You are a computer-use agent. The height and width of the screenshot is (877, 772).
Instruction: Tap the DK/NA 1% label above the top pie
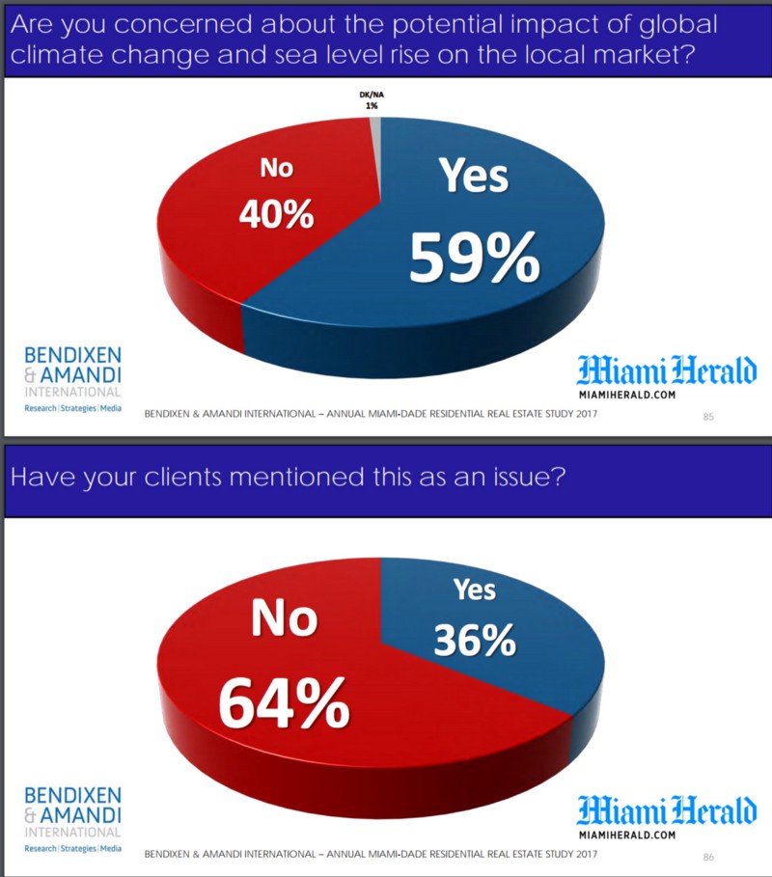point(371,99)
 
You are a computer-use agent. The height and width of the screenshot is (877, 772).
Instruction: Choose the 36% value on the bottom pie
point(474,641)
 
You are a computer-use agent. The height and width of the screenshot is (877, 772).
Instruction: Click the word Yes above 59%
point(474,176)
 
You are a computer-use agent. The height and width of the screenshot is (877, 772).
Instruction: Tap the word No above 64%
point(284,618)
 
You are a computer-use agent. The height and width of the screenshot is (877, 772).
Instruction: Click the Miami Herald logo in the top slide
point(667,371)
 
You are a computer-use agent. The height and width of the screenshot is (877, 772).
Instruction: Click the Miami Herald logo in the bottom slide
point(667,809)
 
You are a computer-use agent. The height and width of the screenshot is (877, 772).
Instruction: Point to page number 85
point(708,417)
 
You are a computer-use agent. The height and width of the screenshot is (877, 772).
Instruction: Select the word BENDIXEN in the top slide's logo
point(73,355)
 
